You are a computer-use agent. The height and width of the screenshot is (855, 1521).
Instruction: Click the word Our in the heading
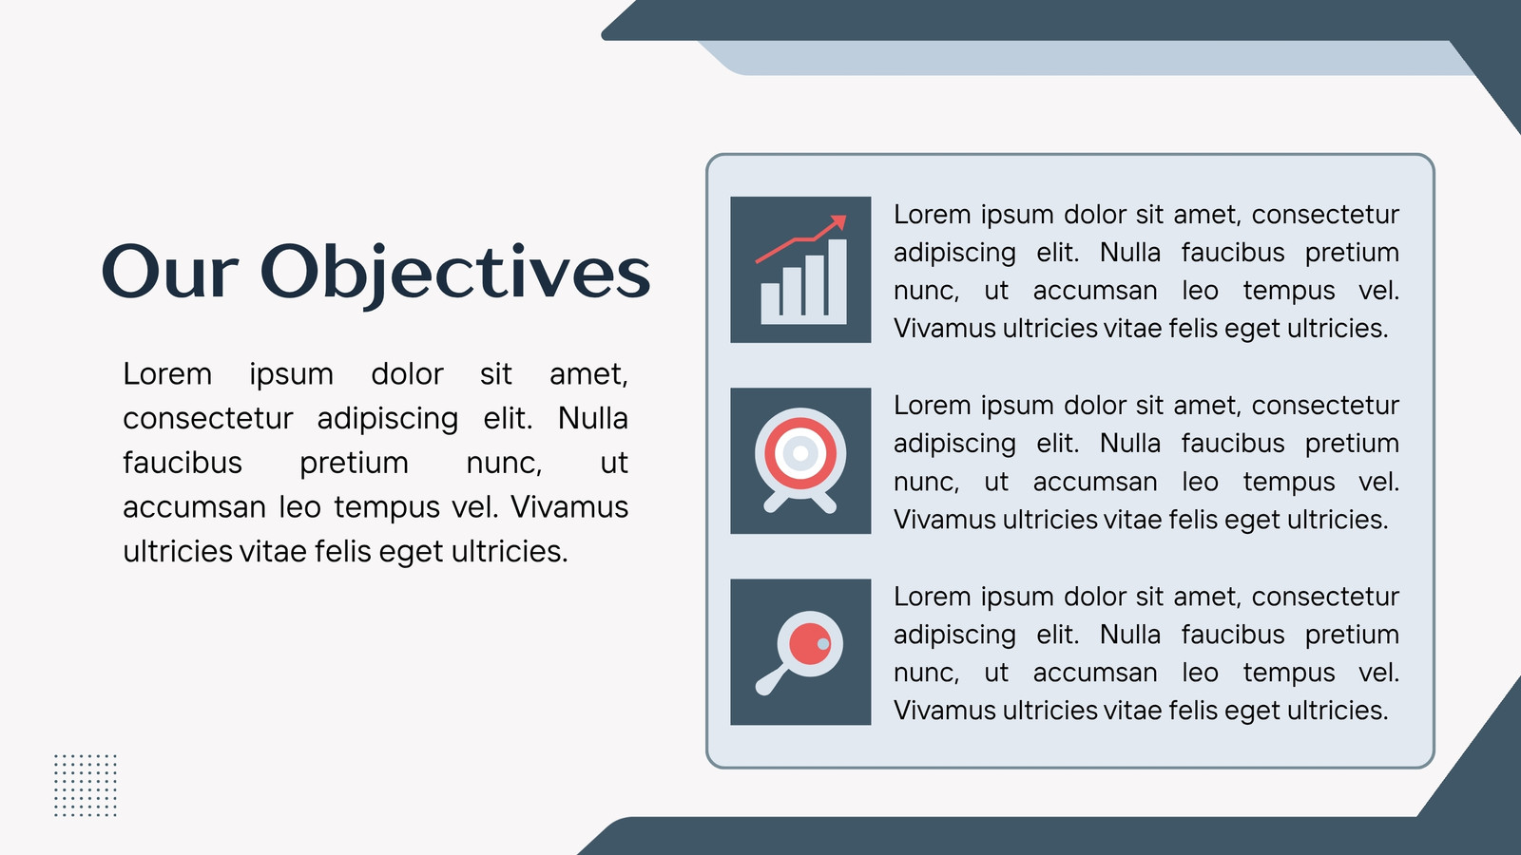point(170,272)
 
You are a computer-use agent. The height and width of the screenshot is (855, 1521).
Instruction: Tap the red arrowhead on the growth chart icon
point(838,223)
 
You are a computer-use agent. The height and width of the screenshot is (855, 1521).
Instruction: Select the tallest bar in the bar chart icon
point(838,281)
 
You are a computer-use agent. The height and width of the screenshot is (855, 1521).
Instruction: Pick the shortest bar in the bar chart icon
point(770,303)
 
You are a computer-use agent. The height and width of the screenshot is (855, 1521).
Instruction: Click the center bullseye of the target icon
point(800,452)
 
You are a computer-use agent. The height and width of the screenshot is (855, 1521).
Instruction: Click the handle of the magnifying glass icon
point(771,680)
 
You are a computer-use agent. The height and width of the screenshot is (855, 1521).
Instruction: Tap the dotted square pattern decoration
point(86,785)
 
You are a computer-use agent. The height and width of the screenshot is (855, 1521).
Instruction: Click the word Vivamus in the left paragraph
point(569,507)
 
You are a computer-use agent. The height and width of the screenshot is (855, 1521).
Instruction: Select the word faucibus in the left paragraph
point(182,463)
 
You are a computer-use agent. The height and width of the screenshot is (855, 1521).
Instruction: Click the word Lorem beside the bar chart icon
point(933,215)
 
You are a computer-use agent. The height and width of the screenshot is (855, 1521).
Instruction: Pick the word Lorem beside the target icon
point(933,405)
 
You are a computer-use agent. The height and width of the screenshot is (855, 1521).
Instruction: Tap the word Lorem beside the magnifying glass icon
point(933,597)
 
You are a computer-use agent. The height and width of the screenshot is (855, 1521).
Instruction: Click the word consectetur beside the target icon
point(1325,405)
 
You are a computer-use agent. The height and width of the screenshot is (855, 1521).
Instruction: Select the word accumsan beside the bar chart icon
point(1094,291)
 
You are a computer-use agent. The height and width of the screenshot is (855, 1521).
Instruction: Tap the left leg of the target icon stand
point(776,503)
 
